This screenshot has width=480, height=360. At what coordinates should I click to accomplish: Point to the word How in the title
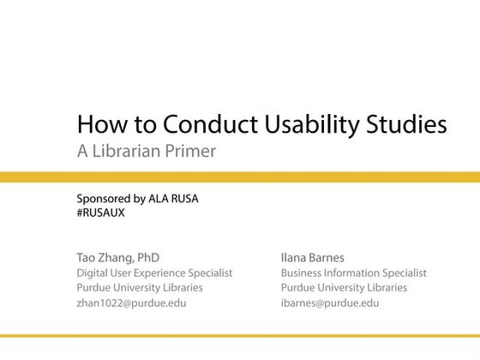coord(96,125)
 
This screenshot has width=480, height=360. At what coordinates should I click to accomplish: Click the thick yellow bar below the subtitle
coord(240,177)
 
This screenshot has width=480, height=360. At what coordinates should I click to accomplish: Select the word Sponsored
coord(105,199)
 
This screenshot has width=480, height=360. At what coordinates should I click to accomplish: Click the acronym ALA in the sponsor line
coord(168,199)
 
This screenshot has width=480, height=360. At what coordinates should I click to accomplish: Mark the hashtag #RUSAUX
coord(100,213)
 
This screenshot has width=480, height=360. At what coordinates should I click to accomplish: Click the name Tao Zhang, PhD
coord(117,257)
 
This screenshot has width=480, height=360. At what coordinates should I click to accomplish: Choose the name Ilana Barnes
coord(312,257)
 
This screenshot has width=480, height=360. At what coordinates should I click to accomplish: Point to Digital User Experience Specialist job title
coord(154,273)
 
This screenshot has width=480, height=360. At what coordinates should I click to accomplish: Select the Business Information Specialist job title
coord(353,273)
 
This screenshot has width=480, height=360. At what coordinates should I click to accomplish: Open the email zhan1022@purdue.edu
coord(131,303)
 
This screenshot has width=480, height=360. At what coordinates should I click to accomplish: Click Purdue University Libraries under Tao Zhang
coord(141,288)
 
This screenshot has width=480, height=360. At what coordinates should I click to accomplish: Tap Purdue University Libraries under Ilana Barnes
coord(344,288)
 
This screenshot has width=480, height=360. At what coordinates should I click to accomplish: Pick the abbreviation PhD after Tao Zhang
coord(147,257)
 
